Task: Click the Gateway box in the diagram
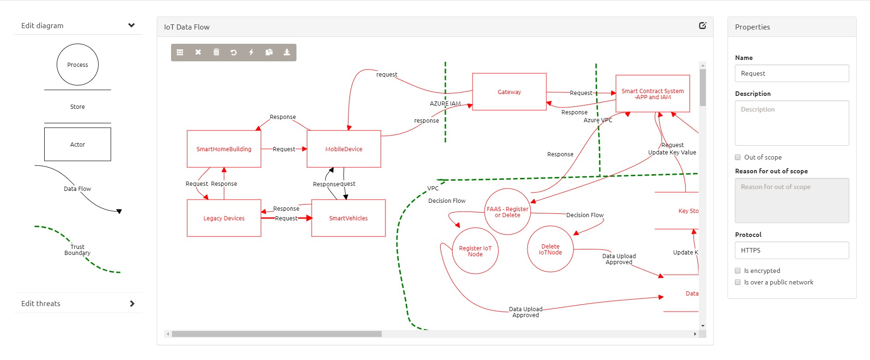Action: point(509,92)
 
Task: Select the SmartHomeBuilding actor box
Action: point(224,149)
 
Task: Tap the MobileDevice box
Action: point(343,149)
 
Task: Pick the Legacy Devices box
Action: point(224,218)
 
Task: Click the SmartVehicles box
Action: point(348,218)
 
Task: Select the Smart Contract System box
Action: point(652,94)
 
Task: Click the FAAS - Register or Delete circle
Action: point(507,212)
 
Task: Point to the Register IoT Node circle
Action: point(475,251)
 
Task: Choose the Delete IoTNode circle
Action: point(550,249)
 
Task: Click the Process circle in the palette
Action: point(77,65)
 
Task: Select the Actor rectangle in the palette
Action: point(77,144)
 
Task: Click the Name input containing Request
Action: point(792,73)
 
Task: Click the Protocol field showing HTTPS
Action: point(792,250)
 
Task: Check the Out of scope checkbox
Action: point(738,157)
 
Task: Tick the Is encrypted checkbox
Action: point(738,271)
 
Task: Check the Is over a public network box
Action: point(738,282)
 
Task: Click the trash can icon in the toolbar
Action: point(216,52)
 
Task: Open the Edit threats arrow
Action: point(132,303)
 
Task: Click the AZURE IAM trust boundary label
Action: point(445,104)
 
